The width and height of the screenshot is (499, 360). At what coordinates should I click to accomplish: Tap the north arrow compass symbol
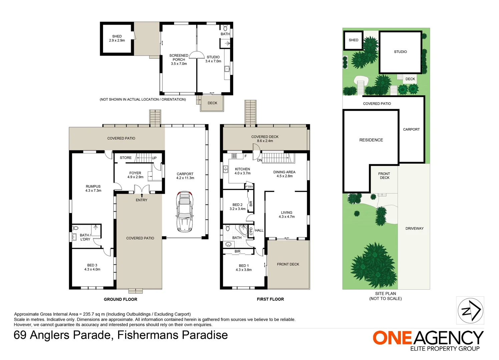point(470,310)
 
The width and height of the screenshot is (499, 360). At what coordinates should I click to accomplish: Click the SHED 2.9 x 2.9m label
point(117,38)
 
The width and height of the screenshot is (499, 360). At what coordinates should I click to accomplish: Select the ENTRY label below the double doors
point(141,200)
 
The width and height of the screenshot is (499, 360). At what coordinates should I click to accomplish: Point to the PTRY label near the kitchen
point(249,187)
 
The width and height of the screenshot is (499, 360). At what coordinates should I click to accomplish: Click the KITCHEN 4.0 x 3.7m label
point(242,171)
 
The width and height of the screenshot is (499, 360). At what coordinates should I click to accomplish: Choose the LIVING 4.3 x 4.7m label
point(287,214)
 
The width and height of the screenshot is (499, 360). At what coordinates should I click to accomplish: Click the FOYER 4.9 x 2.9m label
point(135,175)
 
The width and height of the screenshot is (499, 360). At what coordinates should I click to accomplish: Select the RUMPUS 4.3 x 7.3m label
point(93,188)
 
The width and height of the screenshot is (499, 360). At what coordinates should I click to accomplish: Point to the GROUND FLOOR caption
point(120,299)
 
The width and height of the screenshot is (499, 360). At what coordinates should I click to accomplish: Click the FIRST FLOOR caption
point(270,299)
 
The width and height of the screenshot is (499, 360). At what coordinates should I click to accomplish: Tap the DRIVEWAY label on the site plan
point(414,228)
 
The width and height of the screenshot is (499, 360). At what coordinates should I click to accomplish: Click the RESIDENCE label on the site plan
point(371,140)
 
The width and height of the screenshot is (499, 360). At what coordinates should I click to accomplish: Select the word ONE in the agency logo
point(392,338)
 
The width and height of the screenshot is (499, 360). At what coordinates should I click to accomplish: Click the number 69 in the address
point(20,335)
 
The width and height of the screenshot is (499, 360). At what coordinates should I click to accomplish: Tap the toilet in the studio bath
point(225,28)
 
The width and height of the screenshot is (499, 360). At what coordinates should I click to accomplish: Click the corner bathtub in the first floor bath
point(243,230)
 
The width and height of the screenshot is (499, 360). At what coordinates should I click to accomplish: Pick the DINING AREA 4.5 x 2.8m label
point(284,174)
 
